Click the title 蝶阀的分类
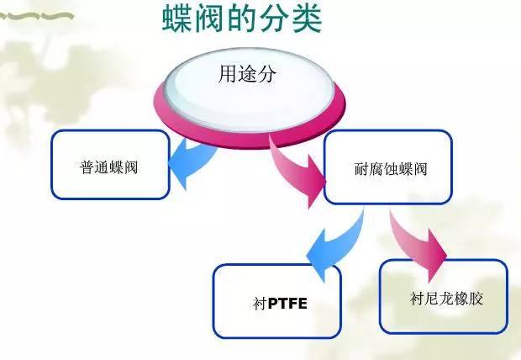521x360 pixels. coord(242,18)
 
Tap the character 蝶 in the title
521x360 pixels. coord(176,18)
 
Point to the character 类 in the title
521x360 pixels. coord(308,18)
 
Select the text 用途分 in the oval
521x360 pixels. coord(247,73)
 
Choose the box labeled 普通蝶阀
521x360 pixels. coord(110,165)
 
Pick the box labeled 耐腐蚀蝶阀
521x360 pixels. coord(387,167)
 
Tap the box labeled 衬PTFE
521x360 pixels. coord(277,301)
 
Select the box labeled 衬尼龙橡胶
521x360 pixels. coord(444,296)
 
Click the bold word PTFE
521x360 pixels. coord(287,304)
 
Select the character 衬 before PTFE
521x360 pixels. coord(260,304)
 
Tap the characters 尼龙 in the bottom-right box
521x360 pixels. coord(439,299)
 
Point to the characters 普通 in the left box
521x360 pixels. coord(94,167)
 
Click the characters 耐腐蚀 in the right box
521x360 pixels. coord(376,169)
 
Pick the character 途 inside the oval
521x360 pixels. coord(247,73)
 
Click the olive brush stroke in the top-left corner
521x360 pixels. coord(36,16)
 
